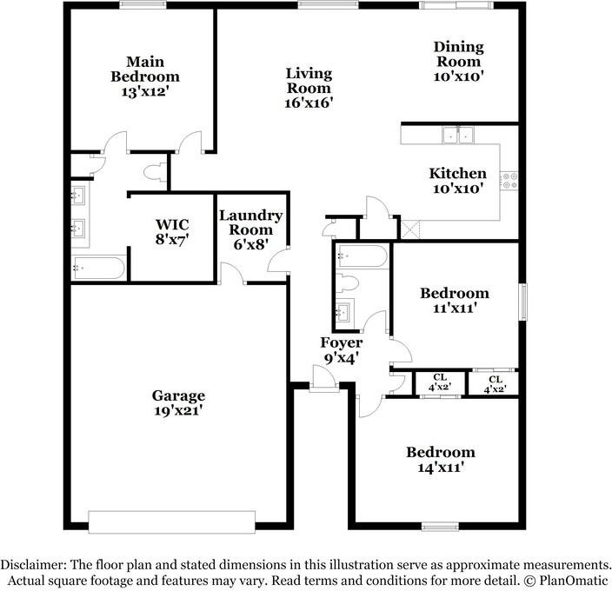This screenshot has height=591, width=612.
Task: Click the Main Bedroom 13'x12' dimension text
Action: pos(145,91)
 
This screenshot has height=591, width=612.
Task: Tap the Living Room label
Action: pos(309,81)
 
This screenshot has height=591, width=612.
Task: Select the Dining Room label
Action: pos(459,54)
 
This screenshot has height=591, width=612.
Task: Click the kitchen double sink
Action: pos(458,136)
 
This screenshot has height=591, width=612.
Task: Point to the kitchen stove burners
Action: pos(509,181)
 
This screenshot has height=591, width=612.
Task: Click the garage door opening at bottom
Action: pos(172,521)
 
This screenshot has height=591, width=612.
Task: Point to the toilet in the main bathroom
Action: pos(155,172)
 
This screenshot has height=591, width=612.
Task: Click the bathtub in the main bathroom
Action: pos(98,268)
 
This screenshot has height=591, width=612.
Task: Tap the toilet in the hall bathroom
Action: pos(347,283)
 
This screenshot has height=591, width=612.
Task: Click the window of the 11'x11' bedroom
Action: pos(522,302)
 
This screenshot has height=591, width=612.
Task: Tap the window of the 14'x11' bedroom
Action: pos(440,527)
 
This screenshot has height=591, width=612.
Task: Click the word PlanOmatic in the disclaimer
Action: pos(574,580)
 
